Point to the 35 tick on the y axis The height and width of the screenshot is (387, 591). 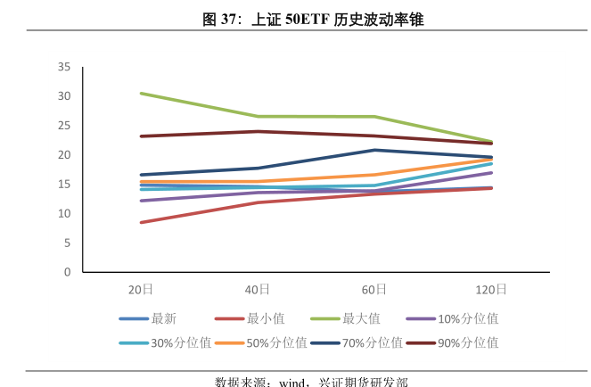click(x=64, y=67)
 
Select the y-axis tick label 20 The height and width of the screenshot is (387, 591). click(x=64, y=155)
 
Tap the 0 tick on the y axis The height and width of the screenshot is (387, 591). click(x=67, y=272)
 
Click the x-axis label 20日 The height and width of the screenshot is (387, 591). click(x=141, y=289)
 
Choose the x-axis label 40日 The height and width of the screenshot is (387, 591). click(x=258, y=289)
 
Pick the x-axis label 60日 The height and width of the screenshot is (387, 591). click(x=374, y=289)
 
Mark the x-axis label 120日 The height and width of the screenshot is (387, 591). click(x=491, y=289)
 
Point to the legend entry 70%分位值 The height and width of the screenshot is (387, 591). click(x=372, y=342)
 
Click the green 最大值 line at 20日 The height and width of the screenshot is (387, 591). click(x=141, y=94)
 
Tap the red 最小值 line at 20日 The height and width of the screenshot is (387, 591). click(x=141, y=222)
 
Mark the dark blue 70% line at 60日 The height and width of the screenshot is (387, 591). click(x=374, y=150)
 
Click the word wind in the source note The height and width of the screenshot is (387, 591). click(x=293, y=382)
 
